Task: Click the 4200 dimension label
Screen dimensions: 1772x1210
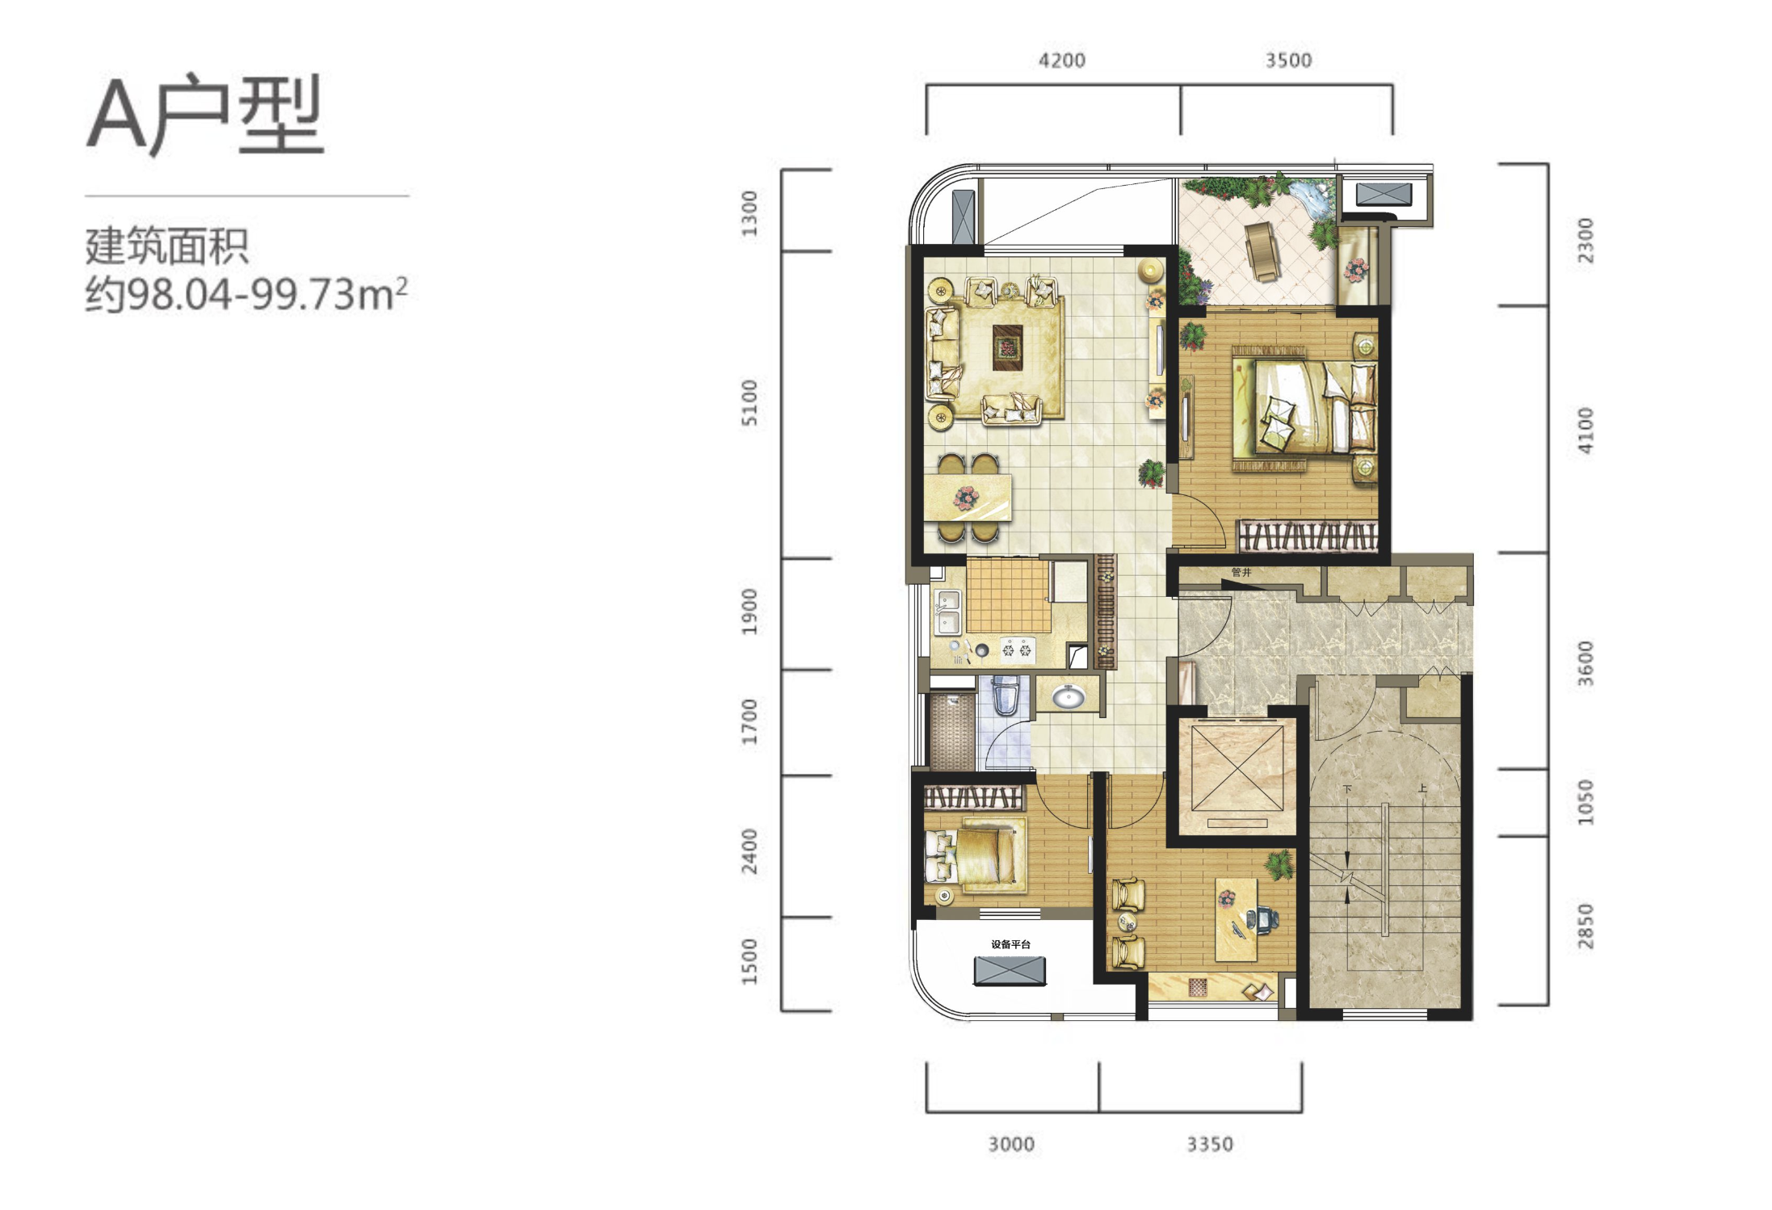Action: (1061, 61)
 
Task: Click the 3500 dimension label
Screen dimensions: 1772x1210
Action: (1288, 61)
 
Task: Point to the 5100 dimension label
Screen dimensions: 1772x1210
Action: (750, 402)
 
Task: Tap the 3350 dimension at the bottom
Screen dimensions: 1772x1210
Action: (1209, 1144)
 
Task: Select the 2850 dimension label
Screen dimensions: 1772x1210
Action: (1585, 926)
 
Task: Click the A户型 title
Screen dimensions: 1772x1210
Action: (205, 115)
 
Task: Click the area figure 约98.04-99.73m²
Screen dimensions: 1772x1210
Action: (246, 294)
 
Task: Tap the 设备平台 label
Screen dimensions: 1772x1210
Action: (1010, 944)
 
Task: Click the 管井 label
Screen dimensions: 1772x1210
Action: (1241, 572)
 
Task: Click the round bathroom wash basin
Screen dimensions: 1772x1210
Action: (1068, 695)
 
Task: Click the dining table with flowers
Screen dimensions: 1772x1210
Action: (968, 498)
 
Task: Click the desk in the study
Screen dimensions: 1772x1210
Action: (1237, 919)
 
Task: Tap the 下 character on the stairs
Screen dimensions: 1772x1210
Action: (1347, 788)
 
